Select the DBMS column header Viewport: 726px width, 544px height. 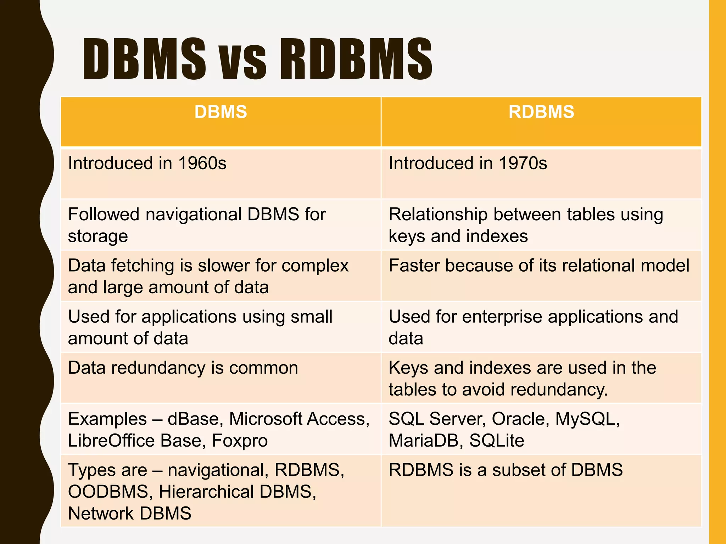220,112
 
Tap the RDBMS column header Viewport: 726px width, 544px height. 541,112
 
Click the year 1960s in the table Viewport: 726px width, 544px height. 202,163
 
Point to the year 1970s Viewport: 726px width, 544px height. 523,163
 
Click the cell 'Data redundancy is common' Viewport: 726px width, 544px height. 183,368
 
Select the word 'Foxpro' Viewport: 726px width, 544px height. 240,441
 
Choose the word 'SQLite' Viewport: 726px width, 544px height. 497,441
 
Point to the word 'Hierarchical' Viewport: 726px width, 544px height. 206,492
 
